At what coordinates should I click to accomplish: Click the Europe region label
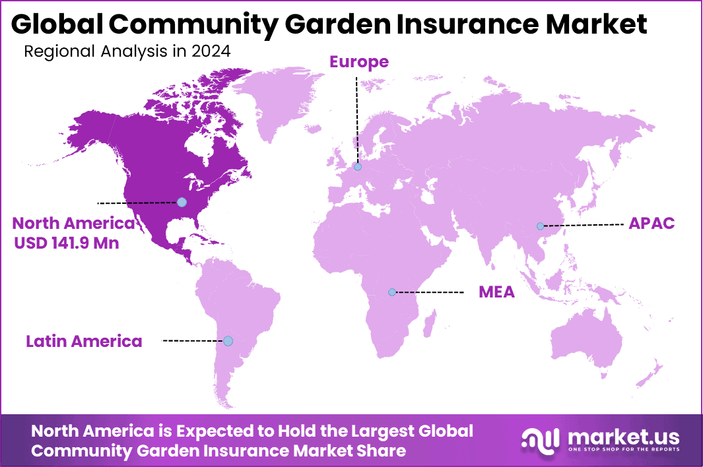coord(359,62)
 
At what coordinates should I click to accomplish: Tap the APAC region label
coord(652,223)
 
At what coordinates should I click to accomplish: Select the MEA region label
coord(496,292)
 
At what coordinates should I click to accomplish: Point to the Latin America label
coord(84,341)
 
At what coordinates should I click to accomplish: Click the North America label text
coord(73,223)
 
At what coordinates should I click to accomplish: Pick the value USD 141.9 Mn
coord(67,243)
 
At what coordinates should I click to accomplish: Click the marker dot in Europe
coord(358,168)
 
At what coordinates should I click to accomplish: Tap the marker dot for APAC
coord(541,226)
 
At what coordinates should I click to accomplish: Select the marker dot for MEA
coord(392,292)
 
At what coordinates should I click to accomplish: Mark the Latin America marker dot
coord(228,341)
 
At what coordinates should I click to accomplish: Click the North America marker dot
coord(182,202)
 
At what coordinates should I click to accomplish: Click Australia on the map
coord(587,343)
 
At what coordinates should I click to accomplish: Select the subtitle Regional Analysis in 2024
coord(127,51)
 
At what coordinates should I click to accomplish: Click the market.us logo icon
coord(540,439)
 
